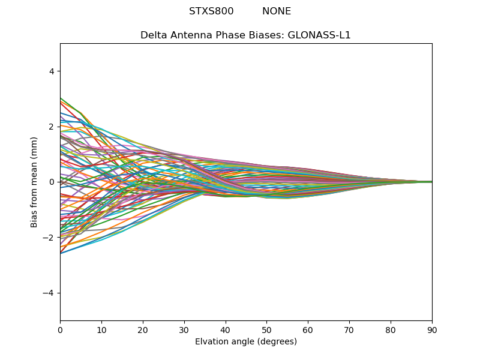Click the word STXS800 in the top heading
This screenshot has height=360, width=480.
[211, 11]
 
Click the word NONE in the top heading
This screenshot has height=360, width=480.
[277, 11]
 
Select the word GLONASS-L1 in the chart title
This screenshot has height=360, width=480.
[319, 35]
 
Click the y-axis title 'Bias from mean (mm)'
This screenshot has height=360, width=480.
[35, 182]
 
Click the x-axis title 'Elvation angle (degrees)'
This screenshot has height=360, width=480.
[246, 342]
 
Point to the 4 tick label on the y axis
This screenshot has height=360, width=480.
[52, 71]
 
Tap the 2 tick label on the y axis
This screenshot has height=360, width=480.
[52, 127]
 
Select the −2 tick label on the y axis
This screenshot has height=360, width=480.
[50, 238]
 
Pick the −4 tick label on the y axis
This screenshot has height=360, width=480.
[50, 293]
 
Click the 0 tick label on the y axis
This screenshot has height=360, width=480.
[52, 182]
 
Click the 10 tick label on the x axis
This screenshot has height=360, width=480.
[101, 329]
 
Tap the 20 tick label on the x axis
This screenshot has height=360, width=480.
[143, 329]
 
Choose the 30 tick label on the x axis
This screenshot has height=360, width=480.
[184, 329]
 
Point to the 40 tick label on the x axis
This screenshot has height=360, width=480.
[226, 329]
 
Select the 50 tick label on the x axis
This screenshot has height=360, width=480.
[266, 329]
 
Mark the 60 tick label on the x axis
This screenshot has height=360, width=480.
[308, 329]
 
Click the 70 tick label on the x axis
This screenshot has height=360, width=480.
[349, 329]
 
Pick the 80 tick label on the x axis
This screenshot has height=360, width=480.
[391, 329]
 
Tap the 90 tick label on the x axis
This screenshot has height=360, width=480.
[432, 329]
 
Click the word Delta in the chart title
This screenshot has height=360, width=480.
[153, 35]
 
